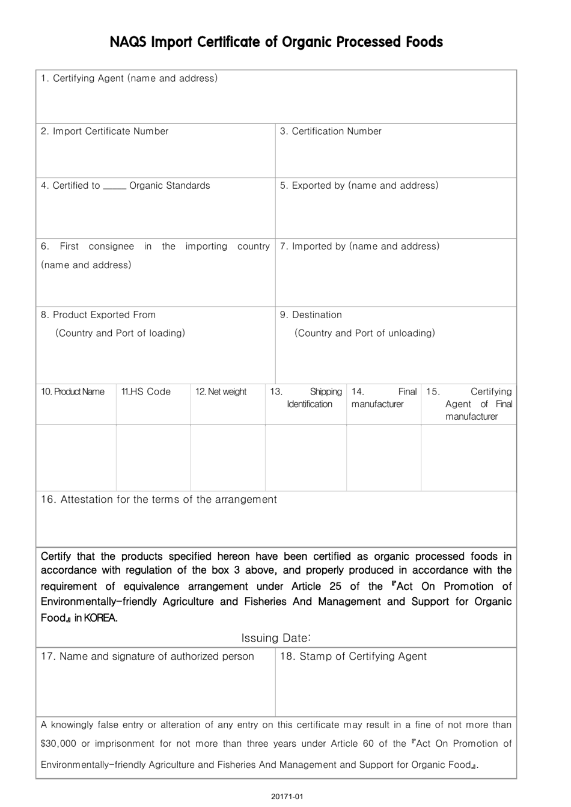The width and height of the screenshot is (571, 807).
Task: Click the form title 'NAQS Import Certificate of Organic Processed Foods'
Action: tap(276, 42)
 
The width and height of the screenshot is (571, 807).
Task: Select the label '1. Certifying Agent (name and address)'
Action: tap(129, 78)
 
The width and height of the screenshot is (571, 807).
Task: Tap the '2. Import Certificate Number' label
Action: tap(105, 131)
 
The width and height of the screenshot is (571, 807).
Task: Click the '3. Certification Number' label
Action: tap(331, 131)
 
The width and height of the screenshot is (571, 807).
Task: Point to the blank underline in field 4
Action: tap(114, 187)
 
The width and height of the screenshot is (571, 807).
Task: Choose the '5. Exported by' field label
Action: tap(359, 185)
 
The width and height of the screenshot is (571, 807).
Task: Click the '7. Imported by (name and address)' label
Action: tap(359, 246)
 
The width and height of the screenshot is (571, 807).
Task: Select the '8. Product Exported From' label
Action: tap(98, 315)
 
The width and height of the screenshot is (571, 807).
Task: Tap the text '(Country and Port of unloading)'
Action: tap(364, 333)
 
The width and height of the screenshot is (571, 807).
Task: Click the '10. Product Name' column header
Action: tap(73, 392)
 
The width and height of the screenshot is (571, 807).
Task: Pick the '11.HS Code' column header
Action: tap(146, 392)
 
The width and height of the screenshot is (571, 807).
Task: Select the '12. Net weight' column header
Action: tap(221, 392)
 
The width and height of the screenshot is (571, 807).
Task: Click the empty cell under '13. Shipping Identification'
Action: tap(305, 457)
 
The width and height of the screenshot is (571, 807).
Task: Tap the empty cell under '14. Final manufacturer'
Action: tap(383, 457)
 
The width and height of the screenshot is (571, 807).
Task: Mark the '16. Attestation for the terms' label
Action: tap(159, 500)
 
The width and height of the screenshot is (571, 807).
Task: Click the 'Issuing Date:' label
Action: tap(276, 638)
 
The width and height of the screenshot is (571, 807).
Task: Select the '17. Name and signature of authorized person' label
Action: tap(147, 657)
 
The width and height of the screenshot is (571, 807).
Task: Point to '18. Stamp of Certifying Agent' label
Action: tap(353, 657)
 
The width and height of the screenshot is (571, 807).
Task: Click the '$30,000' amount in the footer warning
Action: tap(58, 744)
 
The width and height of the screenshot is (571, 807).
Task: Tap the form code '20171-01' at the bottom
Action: tap(287, 797)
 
